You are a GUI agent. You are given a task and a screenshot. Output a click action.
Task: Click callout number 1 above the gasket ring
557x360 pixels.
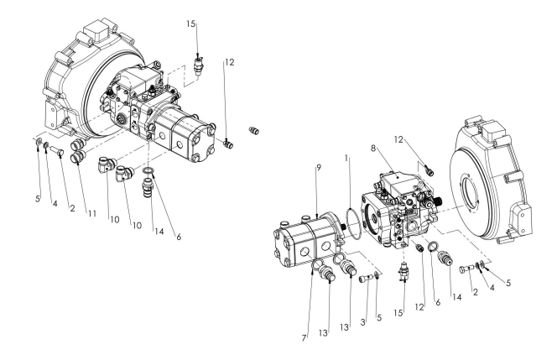click(346, 158)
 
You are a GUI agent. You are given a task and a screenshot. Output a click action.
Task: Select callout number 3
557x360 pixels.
click(362, 322)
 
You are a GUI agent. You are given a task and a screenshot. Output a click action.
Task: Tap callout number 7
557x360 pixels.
click(304, 338)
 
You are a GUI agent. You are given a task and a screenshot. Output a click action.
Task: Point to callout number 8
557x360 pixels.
click(373, 149)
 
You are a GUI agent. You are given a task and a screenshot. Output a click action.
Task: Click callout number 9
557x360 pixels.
click(319, 168)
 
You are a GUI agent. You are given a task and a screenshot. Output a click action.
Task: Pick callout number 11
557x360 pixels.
click(92, 214)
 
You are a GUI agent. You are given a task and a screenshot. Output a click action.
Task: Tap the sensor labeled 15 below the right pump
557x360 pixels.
click(404, 273)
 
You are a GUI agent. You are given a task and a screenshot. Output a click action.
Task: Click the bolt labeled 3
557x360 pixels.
click(367, 278)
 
